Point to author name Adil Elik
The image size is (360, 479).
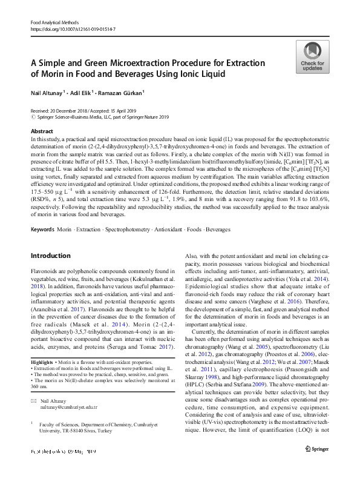click(x=84, y=93)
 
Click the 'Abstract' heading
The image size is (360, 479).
click(x=42, y=131)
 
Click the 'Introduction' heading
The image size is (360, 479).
click(x=50, y=256)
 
